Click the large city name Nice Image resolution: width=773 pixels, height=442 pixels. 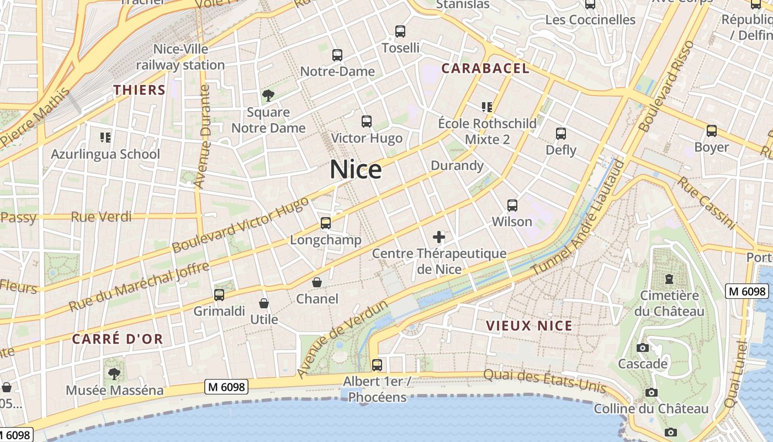[356, 170]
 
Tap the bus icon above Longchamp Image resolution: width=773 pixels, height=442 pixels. [326, 223]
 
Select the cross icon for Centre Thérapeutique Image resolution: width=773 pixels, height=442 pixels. [439, 238]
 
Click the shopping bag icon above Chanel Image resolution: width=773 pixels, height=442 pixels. [317, 282]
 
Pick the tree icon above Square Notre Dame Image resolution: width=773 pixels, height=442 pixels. [268, 96]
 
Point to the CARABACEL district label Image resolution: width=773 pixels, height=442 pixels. [485, 69]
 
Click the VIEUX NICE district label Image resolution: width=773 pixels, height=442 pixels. [529, 325]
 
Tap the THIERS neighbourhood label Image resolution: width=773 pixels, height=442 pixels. [140, 90]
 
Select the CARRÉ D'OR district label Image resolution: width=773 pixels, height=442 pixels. [118, 339]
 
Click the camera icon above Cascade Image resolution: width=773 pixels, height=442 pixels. [643, 348]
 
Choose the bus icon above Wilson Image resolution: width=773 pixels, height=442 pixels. [512, 206]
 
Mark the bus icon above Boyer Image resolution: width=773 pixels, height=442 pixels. [712, 131]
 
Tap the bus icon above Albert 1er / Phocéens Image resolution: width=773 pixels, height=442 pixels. [377, 365]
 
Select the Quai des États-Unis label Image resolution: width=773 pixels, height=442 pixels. [544, 381]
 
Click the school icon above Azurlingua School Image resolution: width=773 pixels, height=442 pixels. [105, 137]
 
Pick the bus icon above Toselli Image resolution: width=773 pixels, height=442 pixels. [400, 31]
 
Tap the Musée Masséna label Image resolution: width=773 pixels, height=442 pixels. [115, 390]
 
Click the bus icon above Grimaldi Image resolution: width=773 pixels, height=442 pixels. [219, 295]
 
